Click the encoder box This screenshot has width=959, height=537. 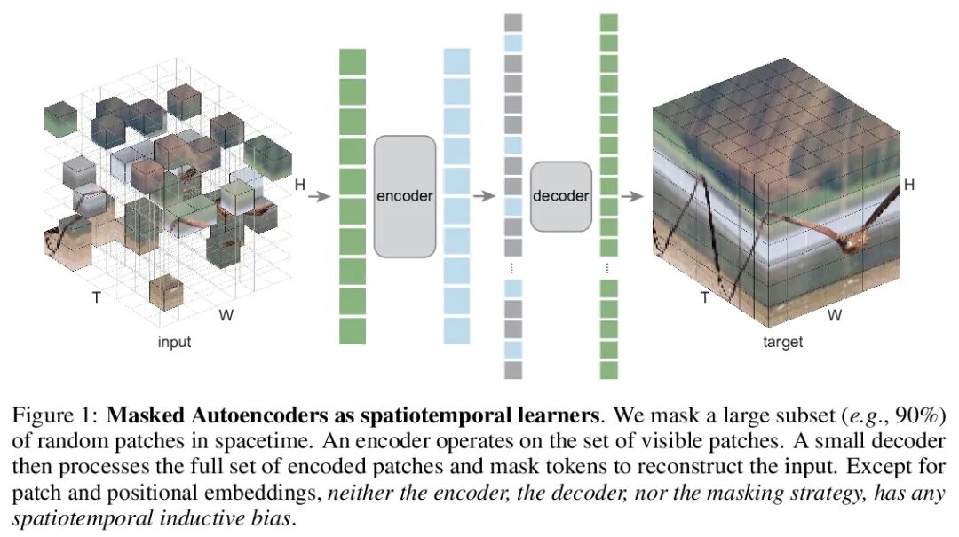[404, 195]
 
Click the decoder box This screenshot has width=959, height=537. [560, 196]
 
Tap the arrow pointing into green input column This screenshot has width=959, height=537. [318, 195]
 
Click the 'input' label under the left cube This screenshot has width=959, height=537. [174, 342]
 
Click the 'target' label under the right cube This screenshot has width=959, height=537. [782, 342]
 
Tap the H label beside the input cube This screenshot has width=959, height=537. [300, 185]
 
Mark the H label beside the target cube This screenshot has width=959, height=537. [908, 185]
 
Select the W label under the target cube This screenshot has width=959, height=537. [835, 315]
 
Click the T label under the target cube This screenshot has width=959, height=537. [705, 297]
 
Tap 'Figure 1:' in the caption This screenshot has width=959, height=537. [55, 415]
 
